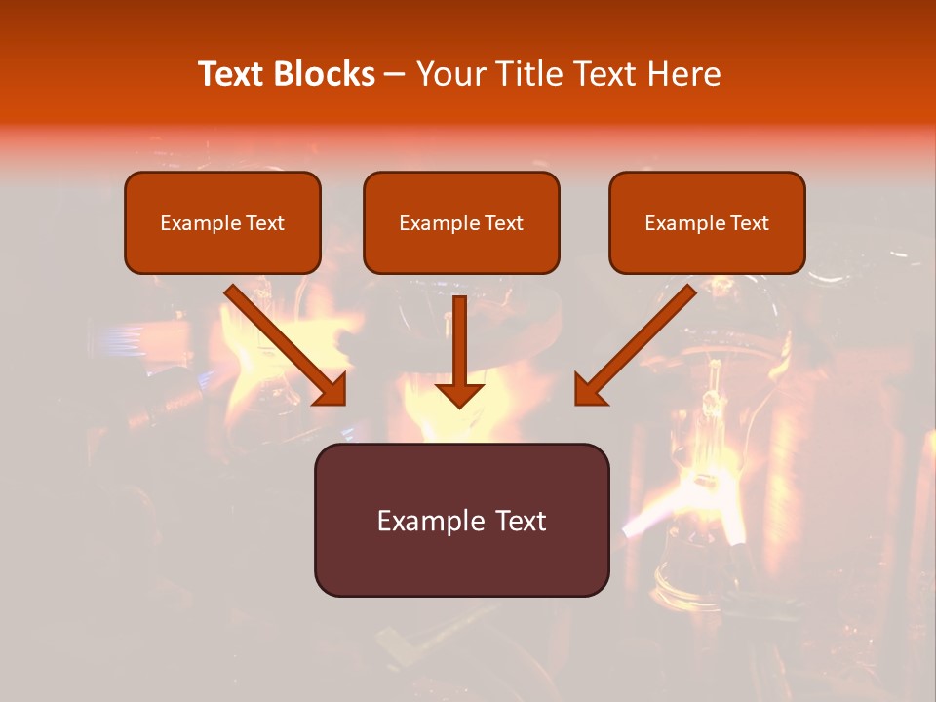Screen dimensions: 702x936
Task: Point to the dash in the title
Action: [396, 75]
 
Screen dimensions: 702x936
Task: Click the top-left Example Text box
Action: [222, 222]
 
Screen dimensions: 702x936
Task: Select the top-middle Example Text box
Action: [461, 222]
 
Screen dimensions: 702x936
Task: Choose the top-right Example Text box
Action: [707, 222]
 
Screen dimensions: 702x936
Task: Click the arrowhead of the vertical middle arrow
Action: [460, 394]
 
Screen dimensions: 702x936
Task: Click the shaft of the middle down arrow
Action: [460, 336]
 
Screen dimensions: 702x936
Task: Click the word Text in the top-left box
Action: [265, 223]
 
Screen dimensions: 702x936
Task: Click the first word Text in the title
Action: [232, 74]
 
